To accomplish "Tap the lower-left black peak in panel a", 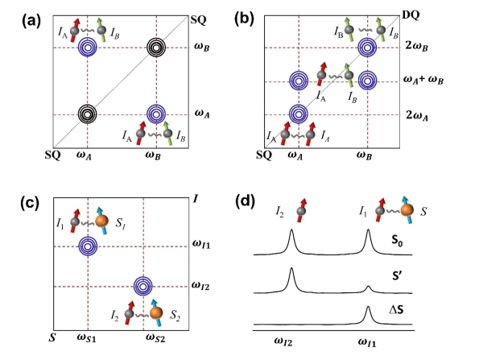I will point(88,114).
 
